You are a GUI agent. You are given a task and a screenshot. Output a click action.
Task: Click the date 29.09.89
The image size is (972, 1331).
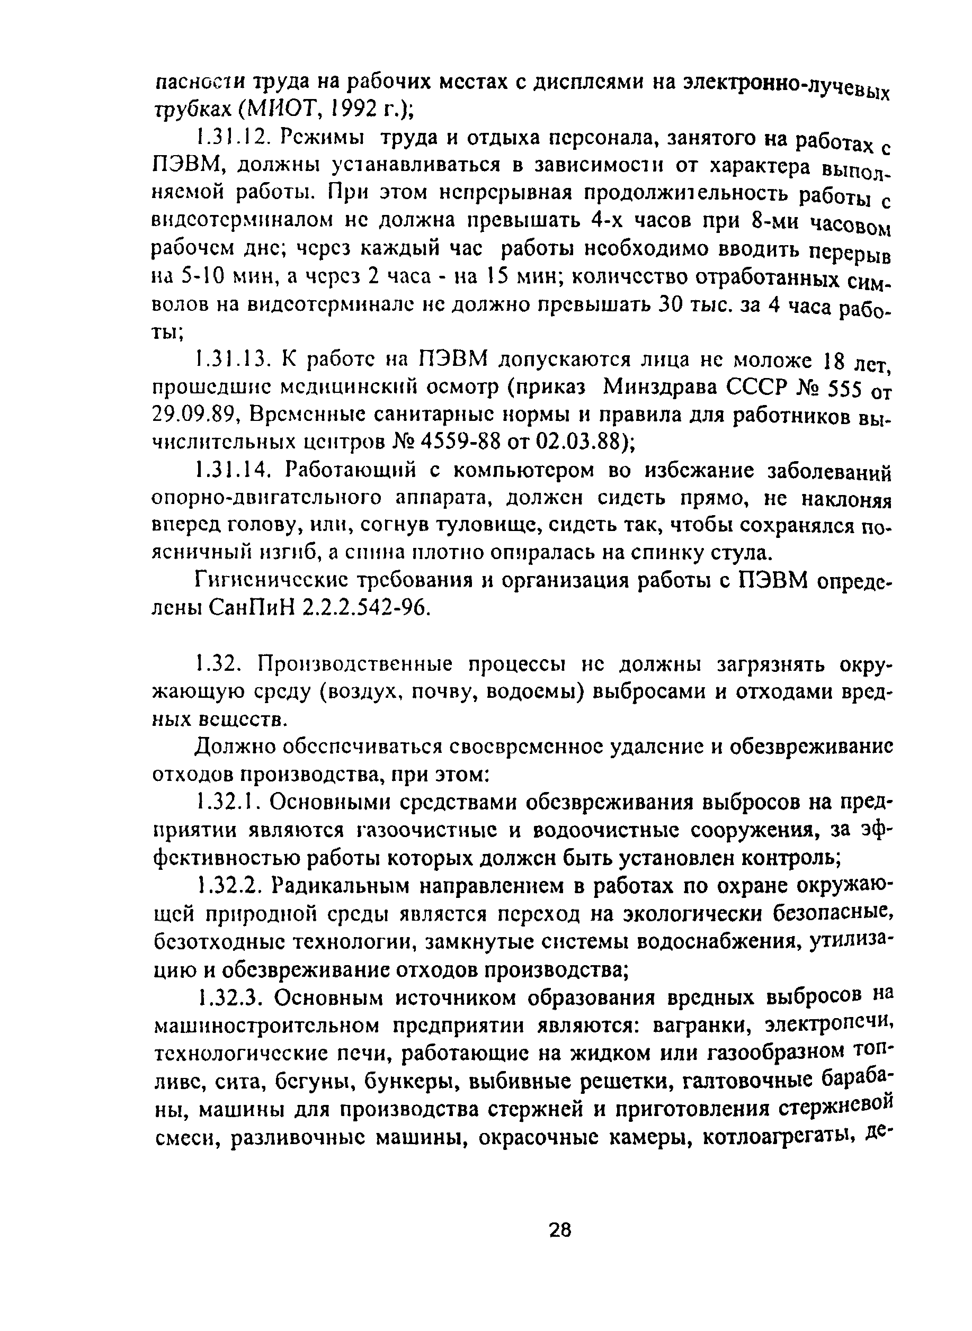tap(194, 414)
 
